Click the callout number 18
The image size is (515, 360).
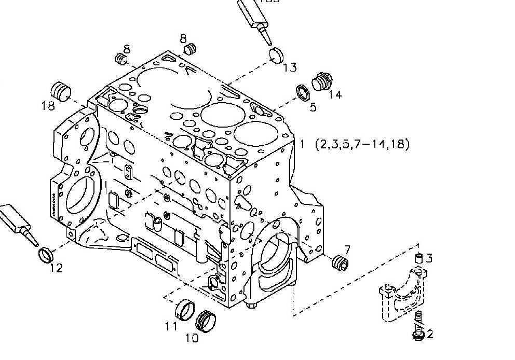(x=48, y=106)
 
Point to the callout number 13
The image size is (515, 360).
(x=290, y=67)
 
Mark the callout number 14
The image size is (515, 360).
(x=335, y=95)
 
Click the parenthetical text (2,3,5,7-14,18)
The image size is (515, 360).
(x=362, y=144)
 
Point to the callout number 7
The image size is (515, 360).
(x=347, y=250)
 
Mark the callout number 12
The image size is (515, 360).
(x=56, y=268)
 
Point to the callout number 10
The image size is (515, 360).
(x=192, y=338)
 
